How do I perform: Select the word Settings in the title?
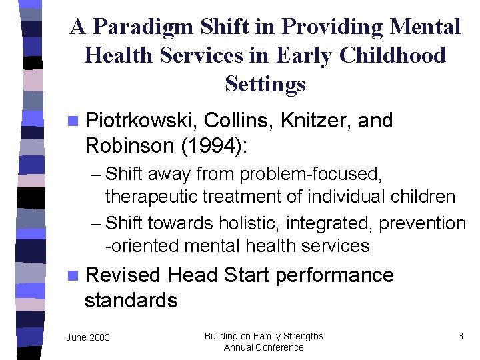265,84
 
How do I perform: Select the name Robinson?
125,145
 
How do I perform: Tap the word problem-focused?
310,175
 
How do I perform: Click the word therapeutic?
157,197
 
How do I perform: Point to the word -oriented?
141,246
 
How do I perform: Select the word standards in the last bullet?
131,300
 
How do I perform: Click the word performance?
334,275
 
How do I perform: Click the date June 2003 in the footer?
88,337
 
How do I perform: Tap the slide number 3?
460,336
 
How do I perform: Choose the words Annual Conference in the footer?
263,347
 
